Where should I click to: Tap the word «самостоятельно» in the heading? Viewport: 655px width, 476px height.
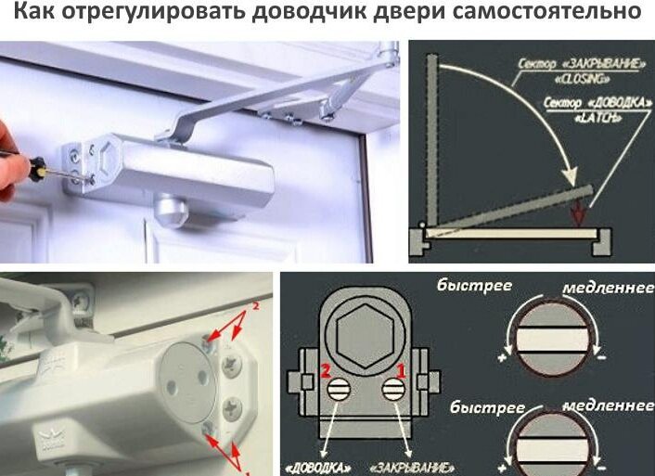[x=546, y=11]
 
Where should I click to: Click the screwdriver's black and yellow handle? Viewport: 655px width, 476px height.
[x=37, y=169]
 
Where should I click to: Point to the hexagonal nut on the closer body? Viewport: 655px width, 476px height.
[x=107, y=159]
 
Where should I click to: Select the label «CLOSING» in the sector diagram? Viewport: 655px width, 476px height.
[x=582, y=79]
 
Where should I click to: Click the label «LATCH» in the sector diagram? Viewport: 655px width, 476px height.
[x=597, y=118]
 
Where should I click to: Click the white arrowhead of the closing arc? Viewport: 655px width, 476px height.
[x=569, y=176]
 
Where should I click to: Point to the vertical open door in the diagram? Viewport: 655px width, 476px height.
[x=432, y=140]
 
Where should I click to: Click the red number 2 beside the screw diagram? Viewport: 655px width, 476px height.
[x=326, y=371]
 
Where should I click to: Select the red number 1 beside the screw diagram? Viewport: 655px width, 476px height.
[x=401, y=371]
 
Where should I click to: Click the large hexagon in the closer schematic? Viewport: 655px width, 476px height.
[x=366, y=336]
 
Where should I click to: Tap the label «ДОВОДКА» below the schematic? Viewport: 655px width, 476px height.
[x=318, y=468]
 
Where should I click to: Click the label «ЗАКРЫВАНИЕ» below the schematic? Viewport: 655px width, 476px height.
[x=412, y=468]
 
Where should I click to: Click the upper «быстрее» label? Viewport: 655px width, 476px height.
[x=474, y=286]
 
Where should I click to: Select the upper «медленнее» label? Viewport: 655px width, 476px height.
[x=608, y=288]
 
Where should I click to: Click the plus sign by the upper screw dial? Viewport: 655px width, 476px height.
[x=502, y=358]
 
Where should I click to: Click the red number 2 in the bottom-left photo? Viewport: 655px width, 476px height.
[x=256, y=306]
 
